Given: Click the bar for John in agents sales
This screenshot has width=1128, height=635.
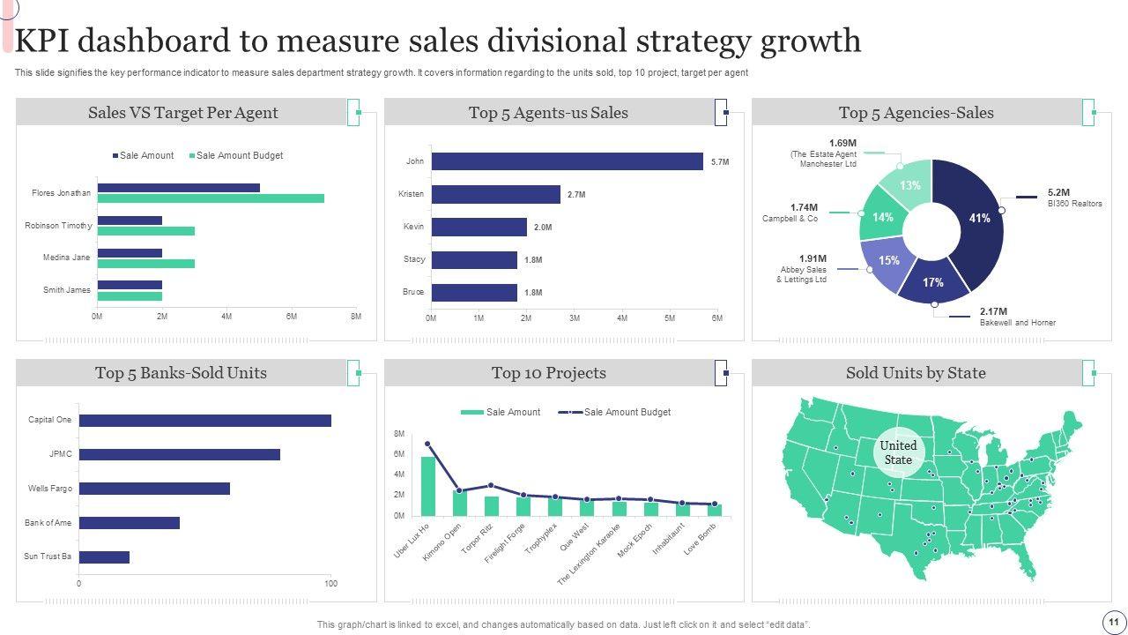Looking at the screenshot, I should coord(567,161).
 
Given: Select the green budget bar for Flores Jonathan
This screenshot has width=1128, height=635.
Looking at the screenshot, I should coord(211,198).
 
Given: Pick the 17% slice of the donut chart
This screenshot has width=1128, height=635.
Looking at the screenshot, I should coord(933,283).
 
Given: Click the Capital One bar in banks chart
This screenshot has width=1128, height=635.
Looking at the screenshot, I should coord(204,421).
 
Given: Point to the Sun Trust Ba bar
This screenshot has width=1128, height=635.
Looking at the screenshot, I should coord(104,557).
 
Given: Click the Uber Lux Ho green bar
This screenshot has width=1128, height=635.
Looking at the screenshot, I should coord(428,486).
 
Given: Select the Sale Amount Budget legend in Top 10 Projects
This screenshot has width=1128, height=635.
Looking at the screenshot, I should coord(627,412).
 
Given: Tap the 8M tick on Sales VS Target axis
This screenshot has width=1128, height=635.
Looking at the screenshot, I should coord(355,316).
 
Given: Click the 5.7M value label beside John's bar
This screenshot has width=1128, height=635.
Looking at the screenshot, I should coord(720,162).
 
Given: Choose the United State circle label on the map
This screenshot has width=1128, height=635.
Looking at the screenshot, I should coord(898,452).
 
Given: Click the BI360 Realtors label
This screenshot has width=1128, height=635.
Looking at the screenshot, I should coord(1074,204).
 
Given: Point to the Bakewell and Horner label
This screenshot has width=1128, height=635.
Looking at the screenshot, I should coord(1017,323).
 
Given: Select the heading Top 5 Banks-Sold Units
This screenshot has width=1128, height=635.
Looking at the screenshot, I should coord(181,373).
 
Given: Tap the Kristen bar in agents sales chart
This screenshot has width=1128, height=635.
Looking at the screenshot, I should coord(495,194).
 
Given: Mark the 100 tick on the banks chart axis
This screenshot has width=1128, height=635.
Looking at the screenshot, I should coord(330,584).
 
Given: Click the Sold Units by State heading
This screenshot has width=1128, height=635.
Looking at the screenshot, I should coord(916,373).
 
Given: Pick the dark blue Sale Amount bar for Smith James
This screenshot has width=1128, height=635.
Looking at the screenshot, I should coord(130,285).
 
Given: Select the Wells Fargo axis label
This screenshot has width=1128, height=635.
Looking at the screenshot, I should coord(49,489).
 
